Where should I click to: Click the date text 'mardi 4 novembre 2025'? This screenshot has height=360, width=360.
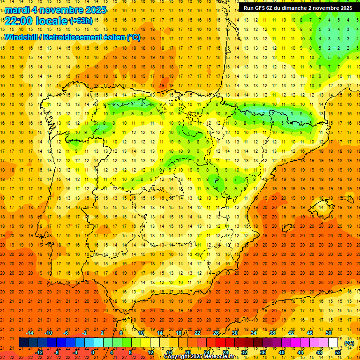[x=55, y=10]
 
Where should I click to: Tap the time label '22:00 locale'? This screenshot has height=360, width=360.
[x=36, y=21]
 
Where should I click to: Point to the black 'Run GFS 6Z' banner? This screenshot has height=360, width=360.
[x=298, y=8]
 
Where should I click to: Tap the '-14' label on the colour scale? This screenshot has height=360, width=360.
[x=30, y=333]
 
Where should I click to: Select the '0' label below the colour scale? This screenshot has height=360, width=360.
[x=93, y=352]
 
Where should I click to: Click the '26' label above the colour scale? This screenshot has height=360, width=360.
[x=216, y=333]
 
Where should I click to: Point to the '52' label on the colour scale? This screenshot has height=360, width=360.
[x=337, y=352]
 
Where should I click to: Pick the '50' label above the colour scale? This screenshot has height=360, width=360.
[x=328, y=333]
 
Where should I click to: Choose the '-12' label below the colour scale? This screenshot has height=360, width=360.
[x=39, y=352]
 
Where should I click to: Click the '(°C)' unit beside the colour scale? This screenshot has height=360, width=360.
[x=349, y=343]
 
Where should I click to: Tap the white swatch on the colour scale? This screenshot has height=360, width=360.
[x=333, y=343]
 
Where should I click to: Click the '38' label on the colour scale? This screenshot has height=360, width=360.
[x=272, y=333]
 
